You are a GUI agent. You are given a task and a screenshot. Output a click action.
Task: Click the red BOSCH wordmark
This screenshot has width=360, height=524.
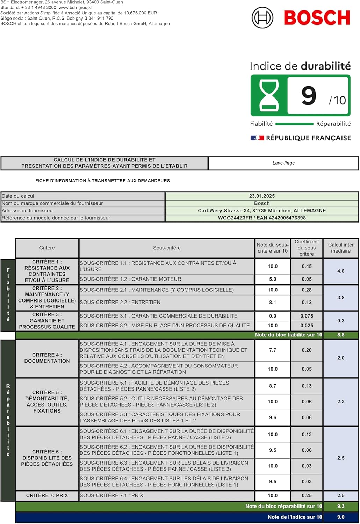point(317,18)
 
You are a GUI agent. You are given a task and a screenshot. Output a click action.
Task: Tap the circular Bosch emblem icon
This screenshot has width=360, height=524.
point(262,18)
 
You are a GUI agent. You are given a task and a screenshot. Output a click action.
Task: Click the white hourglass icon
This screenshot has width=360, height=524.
point(269,95)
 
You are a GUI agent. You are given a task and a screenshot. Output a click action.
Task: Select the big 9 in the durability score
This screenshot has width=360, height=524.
point(309,96)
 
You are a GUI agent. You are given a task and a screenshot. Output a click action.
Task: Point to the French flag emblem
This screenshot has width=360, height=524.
point(257,138)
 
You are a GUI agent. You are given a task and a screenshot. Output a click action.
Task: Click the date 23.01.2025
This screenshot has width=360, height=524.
point(262,196)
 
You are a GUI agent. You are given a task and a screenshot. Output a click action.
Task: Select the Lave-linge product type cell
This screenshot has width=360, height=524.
point(283,163)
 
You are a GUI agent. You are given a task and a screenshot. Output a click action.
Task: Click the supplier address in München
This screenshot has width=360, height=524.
point(262,211)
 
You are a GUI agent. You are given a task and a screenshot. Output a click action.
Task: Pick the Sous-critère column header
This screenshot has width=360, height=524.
point(167,248)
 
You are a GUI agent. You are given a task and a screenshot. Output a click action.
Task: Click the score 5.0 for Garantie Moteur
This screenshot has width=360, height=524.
point(273,279)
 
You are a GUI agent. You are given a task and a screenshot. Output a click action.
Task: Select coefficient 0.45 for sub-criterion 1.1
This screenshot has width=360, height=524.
point(307,266)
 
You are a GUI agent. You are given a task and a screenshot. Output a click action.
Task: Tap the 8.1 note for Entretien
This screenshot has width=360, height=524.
point(273,302)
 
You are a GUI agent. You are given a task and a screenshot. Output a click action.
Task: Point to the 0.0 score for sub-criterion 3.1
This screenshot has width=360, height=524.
point(273,316)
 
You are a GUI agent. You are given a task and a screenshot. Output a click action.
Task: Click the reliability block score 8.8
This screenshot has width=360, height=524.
point(341,335)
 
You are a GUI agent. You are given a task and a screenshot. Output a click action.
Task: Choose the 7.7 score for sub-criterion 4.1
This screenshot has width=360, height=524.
point(273,350)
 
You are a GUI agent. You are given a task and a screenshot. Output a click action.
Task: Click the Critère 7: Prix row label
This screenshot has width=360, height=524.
point(47,495)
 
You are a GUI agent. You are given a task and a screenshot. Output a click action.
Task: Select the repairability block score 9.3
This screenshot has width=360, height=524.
point(341,506)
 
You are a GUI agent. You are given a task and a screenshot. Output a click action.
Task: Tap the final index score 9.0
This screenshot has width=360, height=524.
point(341,517)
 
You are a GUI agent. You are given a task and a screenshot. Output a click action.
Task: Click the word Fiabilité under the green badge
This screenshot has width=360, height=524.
point(261,124)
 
